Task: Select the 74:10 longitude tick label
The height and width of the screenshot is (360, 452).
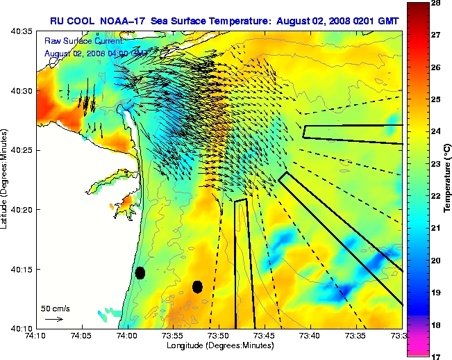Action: click(x=36, y=336)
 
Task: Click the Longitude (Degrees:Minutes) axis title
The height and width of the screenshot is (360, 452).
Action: click(x=219, y=345)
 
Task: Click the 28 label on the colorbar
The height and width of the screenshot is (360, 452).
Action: click(x=437, y=3)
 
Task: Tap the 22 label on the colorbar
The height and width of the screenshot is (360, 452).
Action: click(x=437, y=197)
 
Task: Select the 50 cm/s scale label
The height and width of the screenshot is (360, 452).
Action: click(x=55, y=308)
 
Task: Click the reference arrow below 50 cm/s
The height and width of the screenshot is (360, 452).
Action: click(x=54, y=319)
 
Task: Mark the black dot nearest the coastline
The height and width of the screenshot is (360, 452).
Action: click(x=140, y=272)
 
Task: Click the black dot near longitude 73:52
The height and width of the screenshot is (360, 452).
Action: click(x=198, y=286)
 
